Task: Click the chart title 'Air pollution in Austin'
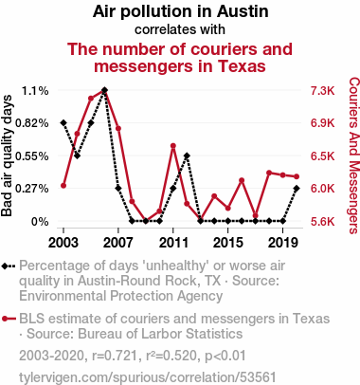pos(180,11)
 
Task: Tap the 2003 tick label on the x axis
pos(63,243)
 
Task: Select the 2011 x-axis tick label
pos(173,243)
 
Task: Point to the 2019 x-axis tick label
pos(283,243)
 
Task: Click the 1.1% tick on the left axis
pos(35,91)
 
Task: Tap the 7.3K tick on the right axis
pos(322,91)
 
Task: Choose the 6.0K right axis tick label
pos(322,189)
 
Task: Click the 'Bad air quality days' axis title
pos(7,156)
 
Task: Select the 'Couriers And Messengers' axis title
pos(354,156)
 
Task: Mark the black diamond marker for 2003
pos(63,122)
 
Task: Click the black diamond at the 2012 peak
pos(187,156)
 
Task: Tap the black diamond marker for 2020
pos(297,188)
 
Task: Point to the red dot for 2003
pos(63,186)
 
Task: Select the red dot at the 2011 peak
pos(173,146)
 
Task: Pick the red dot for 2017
pos(256,216)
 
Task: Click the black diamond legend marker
pos(5,266)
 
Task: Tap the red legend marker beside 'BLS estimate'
pos(5,319)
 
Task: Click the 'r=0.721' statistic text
pos(115,356)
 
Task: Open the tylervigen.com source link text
pos(148,377)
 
